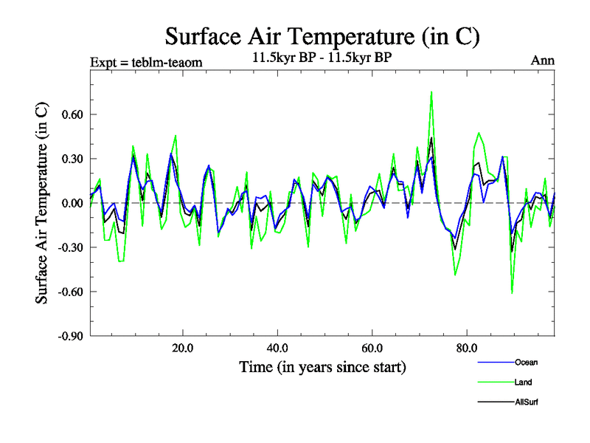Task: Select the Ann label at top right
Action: point(543,61)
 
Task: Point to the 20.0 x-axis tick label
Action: point(182,348)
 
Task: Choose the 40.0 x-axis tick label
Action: point(277,348)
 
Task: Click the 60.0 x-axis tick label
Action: point(372,348)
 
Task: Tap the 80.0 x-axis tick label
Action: point(467,348)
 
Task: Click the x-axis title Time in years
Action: point(322,367)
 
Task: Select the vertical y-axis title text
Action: point(42,203)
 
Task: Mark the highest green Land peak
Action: point(431,92)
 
